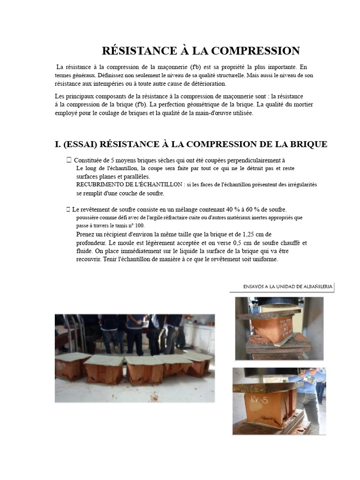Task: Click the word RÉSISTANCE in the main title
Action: pyautogui.click(x=139, y=51)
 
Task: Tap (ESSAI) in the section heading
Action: pyautogui.click(x=80, y=144)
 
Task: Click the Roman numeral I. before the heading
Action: pyautogui.click(x=58, y=144)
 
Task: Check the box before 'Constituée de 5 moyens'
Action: pyautogui.click(x=69, y=160)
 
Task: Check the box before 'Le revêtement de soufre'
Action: pyautogui.click(x=68, y=210)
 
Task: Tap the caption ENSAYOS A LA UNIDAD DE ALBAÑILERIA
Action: pyautogui.click(x=288, y=287)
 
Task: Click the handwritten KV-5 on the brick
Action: pyautogui.click(x=259, y=399)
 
